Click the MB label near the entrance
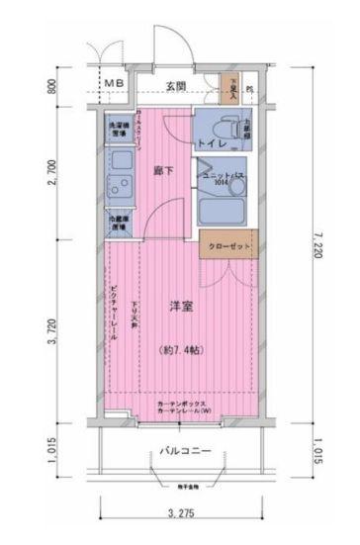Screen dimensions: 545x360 116,86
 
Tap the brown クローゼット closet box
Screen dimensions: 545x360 229,246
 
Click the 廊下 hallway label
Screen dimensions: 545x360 166,170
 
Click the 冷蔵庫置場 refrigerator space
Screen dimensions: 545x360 117,224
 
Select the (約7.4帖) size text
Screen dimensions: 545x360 179,347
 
